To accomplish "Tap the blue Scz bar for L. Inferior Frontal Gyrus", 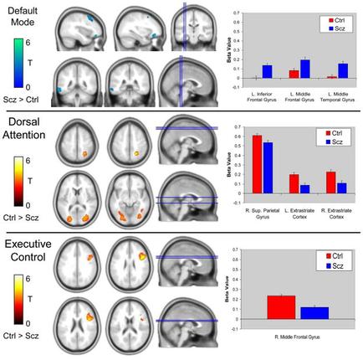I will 267,72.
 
